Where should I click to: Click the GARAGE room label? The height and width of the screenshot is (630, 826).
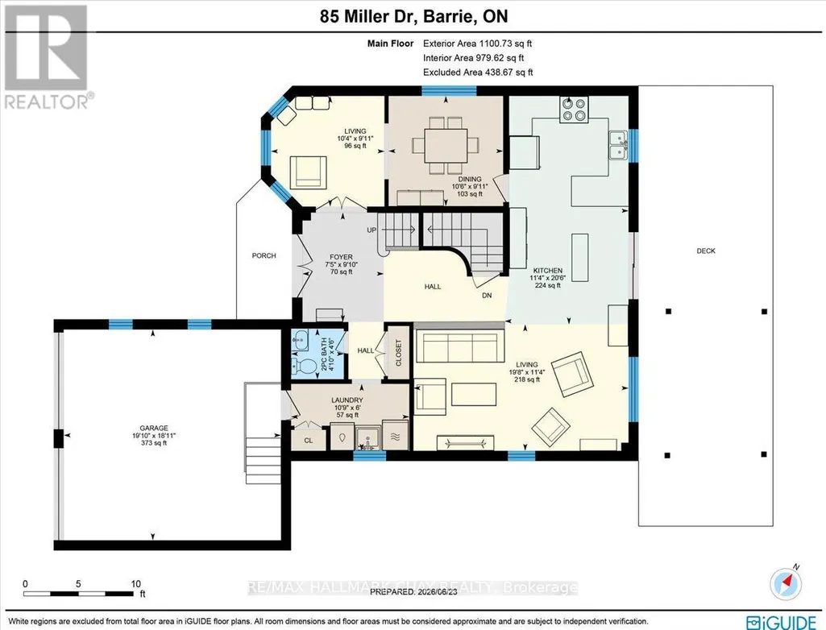[x=153, y=429]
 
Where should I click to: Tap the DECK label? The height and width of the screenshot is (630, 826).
[x=706, y=251]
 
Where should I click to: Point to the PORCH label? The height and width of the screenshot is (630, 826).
[x=264, y=255]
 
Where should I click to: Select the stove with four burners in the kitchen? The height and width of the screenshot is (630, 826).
[x=574, y=110]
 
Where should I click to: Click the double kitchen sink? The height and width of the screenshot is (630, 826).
[x=618, y=145]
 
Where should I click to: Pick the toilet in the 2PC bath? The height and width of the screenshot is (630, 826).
[x=301, y=364]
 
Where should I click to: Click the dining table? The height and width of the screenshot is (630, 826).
[x=446, y=145]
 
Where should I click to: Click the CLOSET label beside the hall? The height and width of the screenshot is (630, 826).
[x=398, y=352]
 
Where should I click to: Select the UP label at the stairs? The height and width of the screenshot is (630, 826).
[x=371, y=230]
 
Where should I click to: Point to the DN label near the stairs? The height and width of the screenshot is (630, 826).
[x=487, y=296]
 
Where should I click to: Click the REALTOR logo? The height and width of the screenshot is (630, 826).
[x=47, y=56]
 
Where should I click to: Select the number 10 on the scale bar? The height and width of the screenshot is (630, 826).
[x=136, y=583]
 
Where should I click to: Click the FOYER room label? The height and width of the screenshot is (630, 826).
[x=341, y=257]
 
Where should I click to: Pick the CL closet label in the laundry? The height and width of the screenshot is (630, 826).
[x=308, y=441]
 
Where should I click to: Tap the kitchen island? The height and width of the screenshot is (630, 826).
[x=580, y=257]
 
